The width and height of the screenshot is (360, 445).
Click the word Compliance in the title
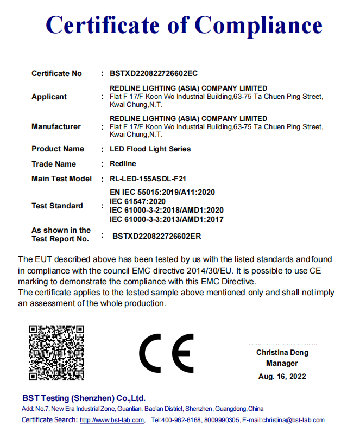(x=258, y=24)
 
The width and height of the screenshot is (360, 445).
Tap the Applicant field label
(x=49, y=97)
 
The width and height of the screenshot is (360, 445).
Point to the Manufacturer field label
(x=56, y=126)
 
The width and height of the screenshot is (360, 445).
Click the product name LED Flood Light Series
(x=150, y=149)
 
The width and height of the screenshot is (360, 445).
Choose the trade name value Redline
(x=123, y=163)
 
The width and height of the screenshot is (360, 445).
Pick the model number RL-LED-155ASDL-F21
(x=149, y=179)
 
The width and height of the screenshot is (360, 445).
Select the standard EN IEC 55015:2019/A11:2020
(x=163, y=193)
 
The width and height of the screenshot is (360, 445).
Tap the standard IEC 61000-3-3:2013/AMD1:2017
(x=167, y=219)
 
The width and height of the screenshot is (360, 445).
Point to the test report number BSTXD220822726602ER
(x=157, y=236)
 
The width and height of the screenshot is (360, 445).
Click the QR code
(x=56, y=352)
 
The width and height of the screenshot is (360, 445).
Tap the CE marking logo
(x=166, y=353)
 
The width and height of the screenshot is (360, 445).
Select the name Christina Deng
(x=282, y=353)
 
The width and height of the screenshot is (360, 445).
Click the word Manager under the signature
(x=282, y=364)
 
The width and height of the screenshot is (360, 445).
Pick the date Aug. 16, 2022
(x=282, y=376)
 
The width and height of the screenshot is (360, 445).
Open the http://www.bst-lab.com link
(x=112, y=420)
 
